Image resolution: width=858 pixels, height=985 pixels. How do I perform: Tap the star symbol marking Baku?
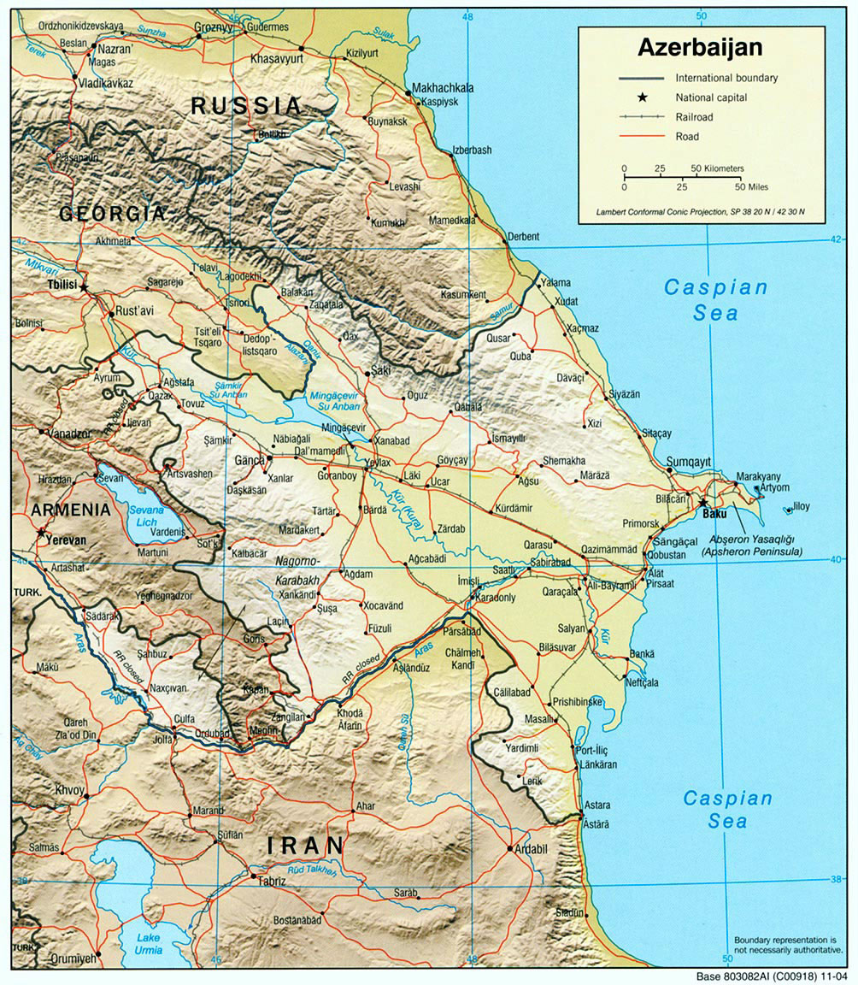702,502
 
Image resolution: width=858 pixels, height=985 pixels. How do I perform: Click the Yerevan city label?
68,540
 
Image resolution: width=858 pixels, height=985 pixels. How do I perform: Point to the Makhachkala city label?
443,88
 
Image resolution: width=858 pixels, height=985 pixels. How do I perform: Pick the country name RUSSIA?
246,106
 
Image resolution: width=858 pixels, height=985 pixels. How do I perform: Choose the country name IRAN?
306,846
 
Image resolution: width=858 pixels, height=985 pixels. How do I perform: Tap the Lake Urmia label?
148,943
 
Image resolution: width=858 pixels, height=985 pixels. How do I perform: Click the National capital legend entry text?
711,97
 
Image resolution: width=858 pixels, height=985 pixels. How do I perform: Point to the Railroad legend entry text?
693,117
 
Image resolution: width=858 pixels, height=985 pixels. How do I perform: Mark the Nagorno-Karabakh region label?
297,569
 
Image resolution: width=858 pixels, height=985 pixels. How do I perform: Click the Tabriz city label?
271,882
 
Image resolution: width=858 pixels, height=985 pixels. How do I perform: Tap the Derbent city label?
523,237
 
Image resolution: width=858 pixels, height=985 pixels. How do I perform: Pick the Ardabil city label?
532,849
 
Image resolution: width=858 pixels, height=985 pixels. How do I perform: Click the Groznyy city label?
214,27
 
